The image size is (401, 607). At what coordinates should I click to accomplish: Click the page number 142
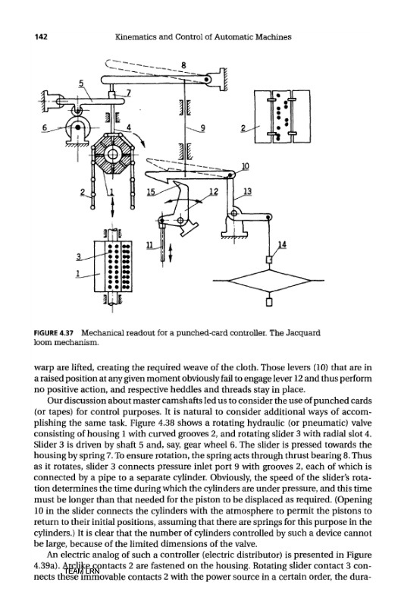[x=41, y=36]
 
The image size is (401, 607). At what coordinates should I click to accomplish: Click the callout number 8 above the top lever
[x=183, y=65]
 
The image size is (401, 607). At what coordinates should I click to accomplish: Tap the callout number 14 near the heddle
[x=283, y=244]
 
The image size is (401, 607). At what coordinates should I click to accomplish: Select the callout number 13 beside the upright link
[x=247, y=191]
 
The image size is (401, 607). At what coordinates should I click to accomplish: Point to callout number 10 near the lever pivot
[x=246, y=166]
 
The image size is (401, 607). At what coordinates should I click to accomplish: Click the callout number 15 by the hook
[x=151, y=191]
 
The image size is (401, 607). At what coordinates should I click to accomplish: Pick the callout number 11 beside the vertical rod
[x=149, y=244]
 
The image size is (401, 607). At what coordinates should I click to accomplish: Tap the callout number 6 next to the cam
[x=45, y=127]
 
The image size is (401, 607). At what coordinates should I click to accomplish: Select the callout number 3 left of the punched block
[x=79, y=256]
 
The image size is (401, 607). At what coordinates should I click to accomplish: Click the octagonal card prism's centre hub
[x=113, y=154]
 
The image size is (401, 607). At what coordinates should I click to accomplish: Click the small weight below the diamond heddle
[x=269, y=302]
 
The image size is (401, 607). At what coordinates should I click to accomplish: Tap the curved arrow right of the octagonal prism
[x=141, y=140]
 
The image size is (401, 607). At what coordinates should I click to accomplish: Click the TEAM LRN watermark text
[x=82, y=571]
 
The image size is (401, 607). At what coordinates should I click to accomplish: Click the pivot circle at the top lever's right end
[x=207, y=80]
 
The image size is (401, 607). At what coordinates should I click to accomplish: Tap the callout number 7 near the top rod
[x=129, y=92]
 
